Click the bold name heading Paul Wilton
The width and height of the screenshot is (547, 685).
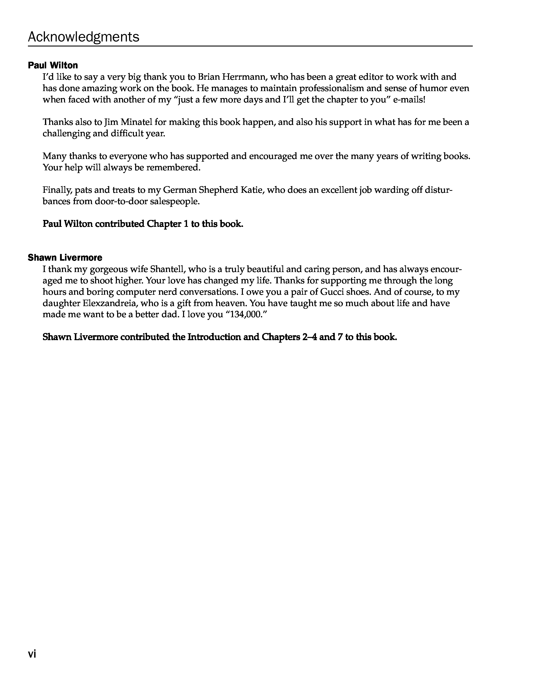point(53,65)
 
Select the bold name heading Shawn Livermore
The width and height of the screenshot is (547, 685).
point(65,257)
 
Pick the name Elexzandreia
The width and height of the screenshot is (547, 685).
point(110,303)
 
